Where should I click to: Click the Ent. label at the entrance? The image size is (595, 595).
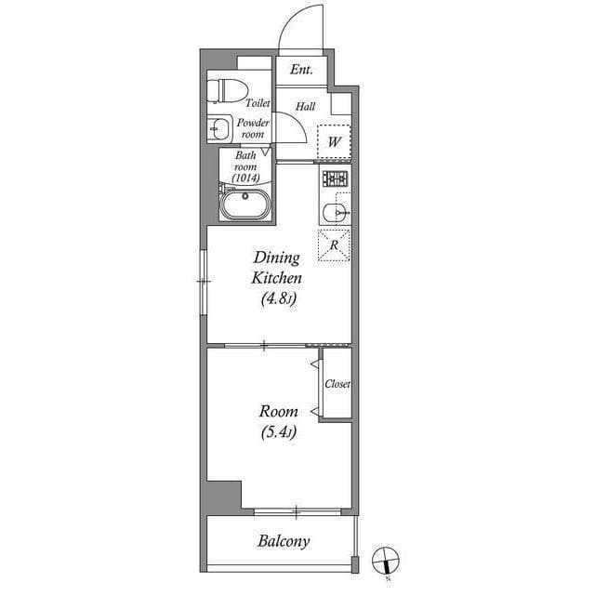(x=299, y=71)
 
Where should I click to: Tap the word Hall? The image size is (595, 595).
(x=305, y=106)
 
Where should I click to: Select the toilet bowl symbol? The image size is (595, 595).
(x=228, y=90)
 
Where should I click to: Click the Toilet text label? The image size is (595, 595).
(x=258, y=104)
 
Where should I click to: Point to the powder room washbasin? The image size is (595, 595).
(x=218, y=128)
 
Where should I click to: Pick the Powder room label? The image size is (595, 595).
(x=253, y=128)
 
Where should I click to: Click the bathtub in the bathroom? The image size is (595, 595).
(x=245, y=204)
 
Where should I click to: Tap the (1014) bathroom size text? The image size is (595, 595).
(x=245, y=176)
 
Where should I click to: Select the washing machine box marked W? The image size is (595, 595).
(x=334, y=141)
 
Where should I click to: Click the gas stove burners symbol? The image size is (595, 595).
(x=335, y=178)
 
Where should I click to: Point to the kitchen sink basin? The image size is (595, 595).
(x=335, y=211)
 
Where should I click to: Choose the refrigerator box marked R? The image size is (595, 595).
(x=334, y=245)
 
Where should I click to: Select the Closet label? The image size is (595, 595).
(x=337, y=384)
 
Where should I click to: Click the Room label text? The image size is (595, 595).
(x=279, y=411)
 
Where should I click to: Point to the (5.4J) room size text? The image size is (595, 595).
(x=279, y=431)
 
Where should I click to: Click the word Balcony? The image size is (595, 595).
(x=284, y=541)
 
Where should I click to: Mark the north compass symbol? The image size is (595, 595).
(x=386, y=561)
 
